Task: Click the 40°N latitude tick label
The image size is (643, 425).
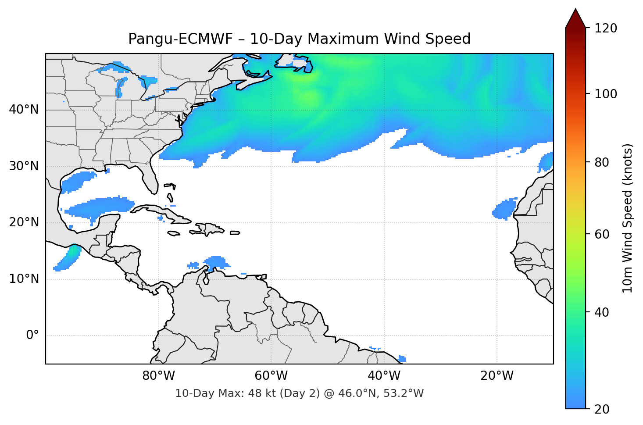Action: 24,110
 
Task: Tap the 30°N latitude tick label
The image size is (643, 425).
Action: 24,166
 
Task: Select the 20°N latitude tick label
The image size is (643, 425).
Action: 24,222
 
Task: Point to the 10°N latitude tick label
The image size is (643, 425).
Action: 24,279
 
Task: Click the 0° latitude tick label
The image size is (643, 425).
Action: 32,336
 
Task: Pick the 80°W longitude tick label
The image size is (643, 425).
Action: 159,376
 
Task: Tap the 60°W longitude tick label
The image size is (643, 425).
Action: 271,376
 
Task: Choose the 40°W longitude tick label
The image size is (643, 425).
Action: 384,376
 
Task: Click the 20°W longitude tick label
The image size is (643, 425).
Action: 497,376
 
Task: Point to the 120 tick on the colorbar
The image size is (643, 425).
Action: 606,28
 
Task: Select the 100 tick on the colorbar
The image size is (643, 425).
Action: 606,94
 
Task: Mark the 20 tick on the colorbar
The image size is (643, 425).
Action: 602,409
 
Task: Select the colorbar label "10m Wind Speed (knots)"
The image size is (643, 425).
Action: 628,218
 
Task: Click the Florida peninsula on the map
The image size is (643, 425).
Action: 150,178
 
